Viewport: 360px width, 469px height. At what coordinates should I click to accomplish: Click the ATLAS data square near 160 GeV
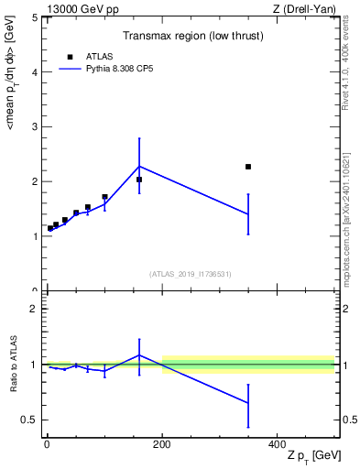tap(139, 180)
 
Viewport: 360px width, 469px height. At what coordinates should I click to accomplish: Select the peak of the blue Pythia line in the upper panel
tap(139, 166)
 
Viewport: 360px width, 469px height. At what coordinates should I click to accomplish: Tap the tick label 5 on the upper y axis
tap(33, 17)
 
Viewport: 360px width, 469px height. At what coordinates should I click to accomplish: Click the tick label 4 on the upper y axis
tap(33, 71)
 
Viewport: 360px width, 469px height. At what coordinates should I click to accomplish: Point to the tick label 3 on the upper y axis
tap(33, 126)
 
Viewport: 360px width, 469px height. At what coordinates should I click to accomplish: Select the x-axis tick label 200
tap(162, 443)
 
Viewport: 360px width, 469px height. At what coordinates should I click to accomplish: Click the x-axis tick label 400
tap(277, 443)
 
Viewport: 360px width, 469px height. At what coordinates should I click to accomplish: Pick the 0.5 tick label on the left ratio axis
tap(29, 420)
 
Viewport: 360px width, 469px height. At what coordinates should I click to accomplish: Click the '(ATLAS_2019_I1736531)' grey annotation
tap(191, 274)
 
